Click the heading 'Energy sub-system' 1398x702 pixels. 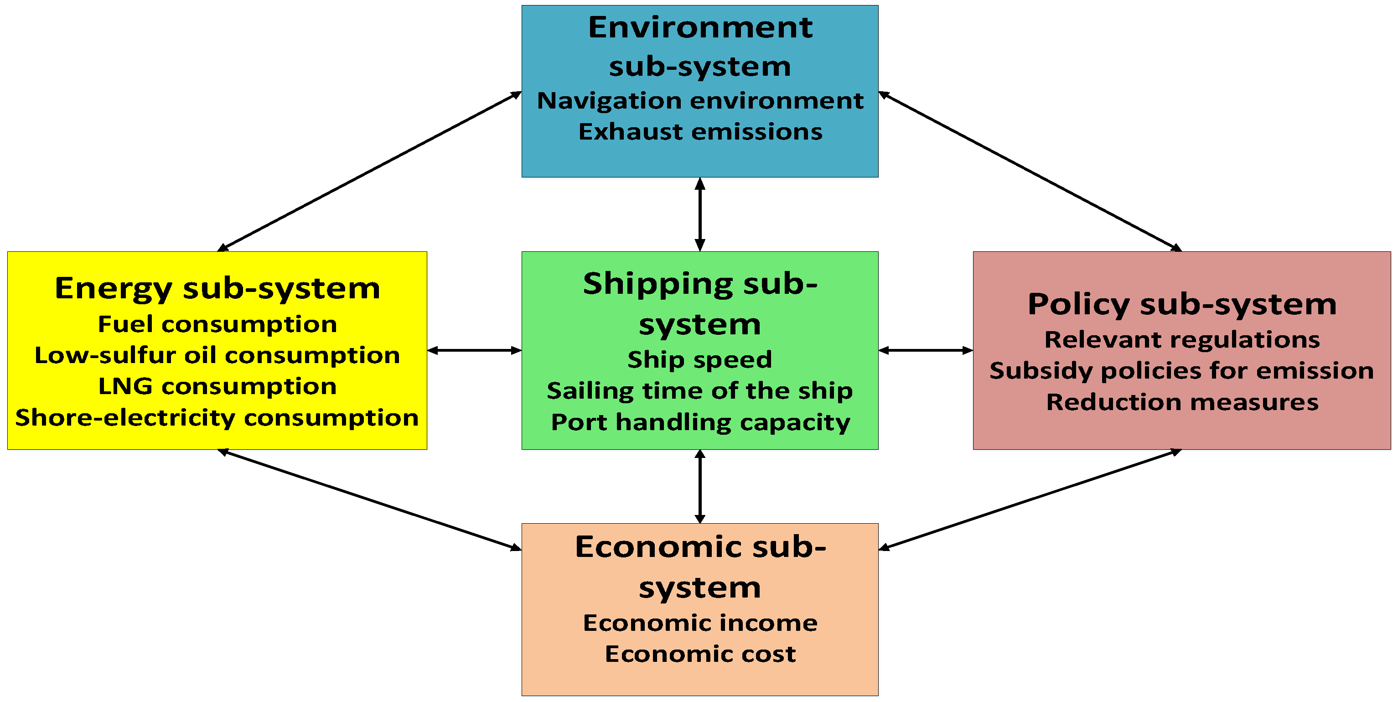(x=217, y=288)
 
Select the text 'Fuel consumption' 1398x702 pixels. (x=217, y=324)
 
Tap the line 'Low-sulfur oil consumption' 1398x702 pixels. (x=217, y=355)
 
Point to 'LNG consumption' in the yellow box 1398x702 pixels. (x=217, y=386)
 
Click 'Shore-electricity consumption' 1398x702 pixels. (x=217, y=417)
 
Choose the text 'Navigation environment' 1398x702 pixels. (x=700, y=100)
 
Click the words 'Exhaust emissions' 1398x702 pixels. (x=700, y=131)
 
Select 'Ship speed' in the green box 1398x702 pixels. (x=699, y=359)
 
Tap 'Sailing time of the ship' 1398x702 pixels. (x=699, y=390)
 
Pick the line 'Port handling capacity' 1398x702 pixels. (x=700, y=422)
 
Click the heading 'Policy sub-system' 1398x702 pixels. (x=1182, y=304)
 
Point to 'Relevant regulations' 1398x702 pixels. (x=1182, y=339)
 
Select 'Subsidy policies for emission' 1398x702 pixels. (x=1182, y=371)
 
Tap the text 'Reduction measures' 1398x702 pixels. (x=1182, y=402)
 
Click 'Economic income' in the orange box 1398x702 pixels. (x=700, y=623)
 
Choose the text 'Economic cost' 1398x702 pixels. (x=700, y=654)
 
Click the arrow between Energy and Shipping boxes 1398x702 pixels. (x=474, y=351)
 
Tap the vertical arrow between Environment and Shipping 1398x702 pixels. (x=700, y=214)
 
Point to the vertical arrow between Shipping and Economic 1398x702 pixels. (x=700, y=486)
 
